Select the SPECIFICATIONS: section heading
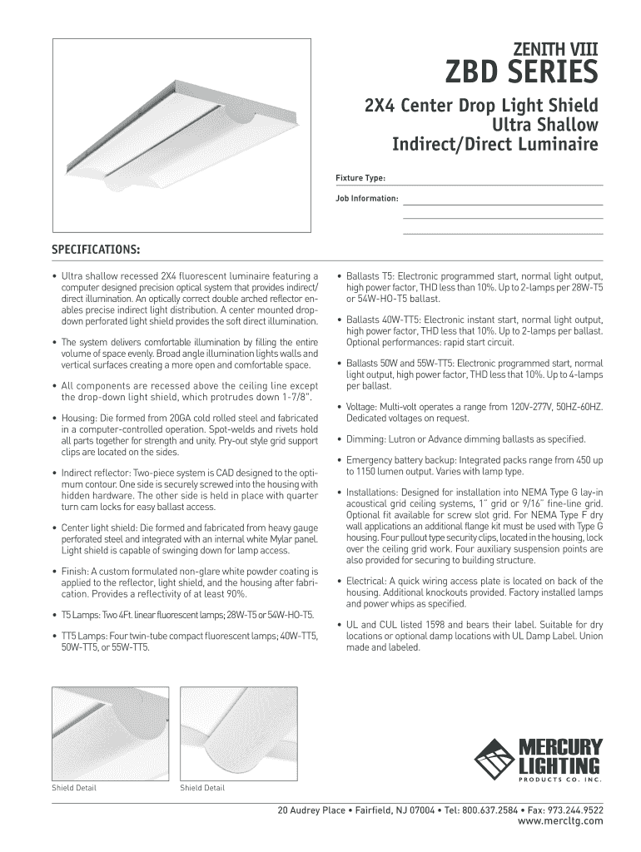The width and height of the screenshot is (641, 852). pyautogui.click(x=96, y=250)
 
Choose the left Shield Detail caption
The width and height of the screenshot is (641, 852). pyautogui.click(x=74, y=788)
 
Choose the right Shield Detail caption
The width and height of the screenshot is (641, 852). pyautogui.click(x=202, y=788)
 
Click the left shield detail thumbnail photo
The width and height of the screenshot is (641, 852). pyautogui.click(x=110, y=731)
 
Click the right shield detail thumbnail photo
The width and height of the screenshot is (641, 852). pyautogui.click(x=239, y=731)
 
